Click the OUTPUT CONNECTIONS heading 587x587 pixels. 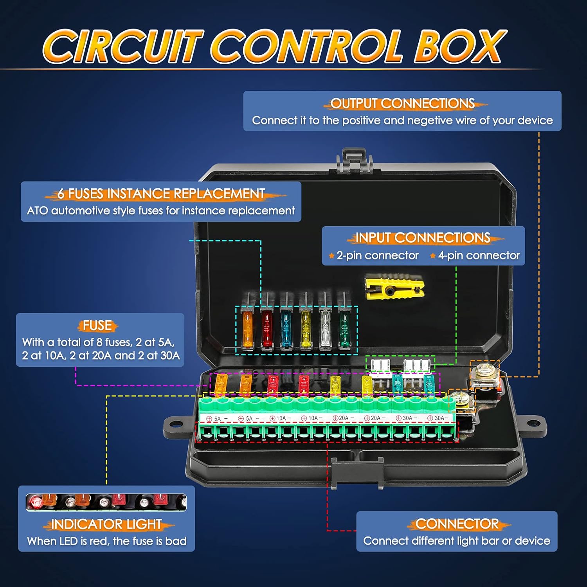click(402, 104)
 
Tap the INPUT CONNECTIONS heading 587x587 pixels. click(423, 238)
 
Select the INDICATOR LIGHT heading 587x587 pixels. click(106, 524)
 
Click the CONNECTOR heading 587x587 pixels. click(457, 524)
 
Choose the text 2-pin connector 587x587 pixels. click(377, 256)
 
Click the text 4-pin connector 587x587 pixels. click(479, 256)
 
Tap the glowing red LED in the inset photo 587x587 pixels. click(36, 501)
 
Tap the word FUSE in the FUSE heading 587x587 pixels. click(97, 326)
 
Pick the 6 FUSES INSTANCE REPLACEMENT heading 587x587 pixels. click(161, 194)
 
